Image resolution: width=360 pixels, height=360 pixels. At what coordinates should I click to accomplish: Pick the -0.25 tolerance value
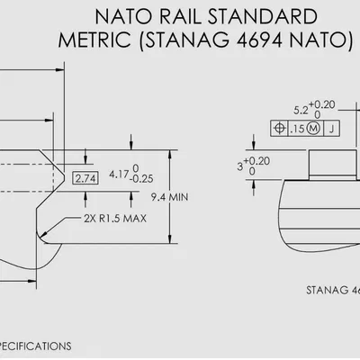pyautogui.click(x=143, y=179)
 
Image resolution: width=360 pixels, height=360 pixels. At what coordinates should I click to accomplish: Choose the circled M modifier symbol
pyautogui.click(x=314, y=129)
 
